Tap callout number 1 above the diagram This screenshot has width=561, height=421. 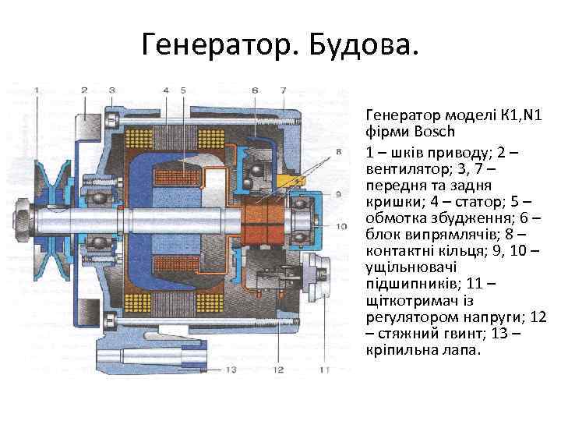tap(37, 90)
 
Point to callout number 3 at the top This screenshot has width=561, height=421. tap(112, 90)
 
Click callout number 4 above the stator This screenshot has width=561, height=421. tap(166, 90)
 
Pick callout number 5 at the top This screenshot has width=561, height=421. tap(182, 90)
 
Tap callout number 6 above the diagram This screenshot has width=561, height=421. tap(256, 90)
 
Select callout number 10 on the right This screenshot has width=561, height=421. tap(340, 225)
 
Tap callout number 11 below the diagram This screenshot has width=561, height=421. tap(325, 370)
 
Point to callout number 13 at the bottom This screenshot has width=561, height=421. tap(231, 370)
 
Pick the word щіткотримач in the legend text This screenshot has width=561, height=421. tap(405, 301)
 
